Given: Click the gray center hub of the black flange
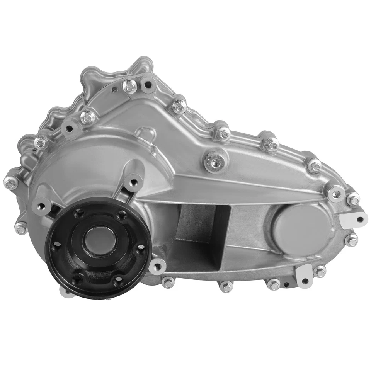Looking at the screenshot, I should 97,243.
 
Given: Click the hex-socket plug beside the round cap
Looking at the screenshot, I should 335,192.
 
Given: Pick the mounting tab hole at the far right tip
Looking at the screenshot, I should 360,220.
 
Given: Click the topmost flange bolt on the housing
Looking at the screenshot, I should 130,86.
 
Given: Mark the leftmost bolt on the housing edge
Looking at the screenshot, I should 11,181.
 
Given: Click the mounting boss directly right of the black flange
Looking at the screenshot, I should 157,266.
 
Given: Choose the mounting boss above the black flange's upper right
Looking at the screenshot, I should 133,180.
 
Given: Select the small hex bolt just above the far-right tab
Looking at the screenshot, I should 353,200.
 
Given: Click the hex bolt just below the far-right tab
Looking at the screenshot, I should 351,240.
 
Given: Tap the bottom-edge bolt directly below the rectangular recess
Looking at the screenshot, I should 226,286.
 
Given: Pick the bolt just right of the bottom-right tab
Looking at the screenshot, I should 320,271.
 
